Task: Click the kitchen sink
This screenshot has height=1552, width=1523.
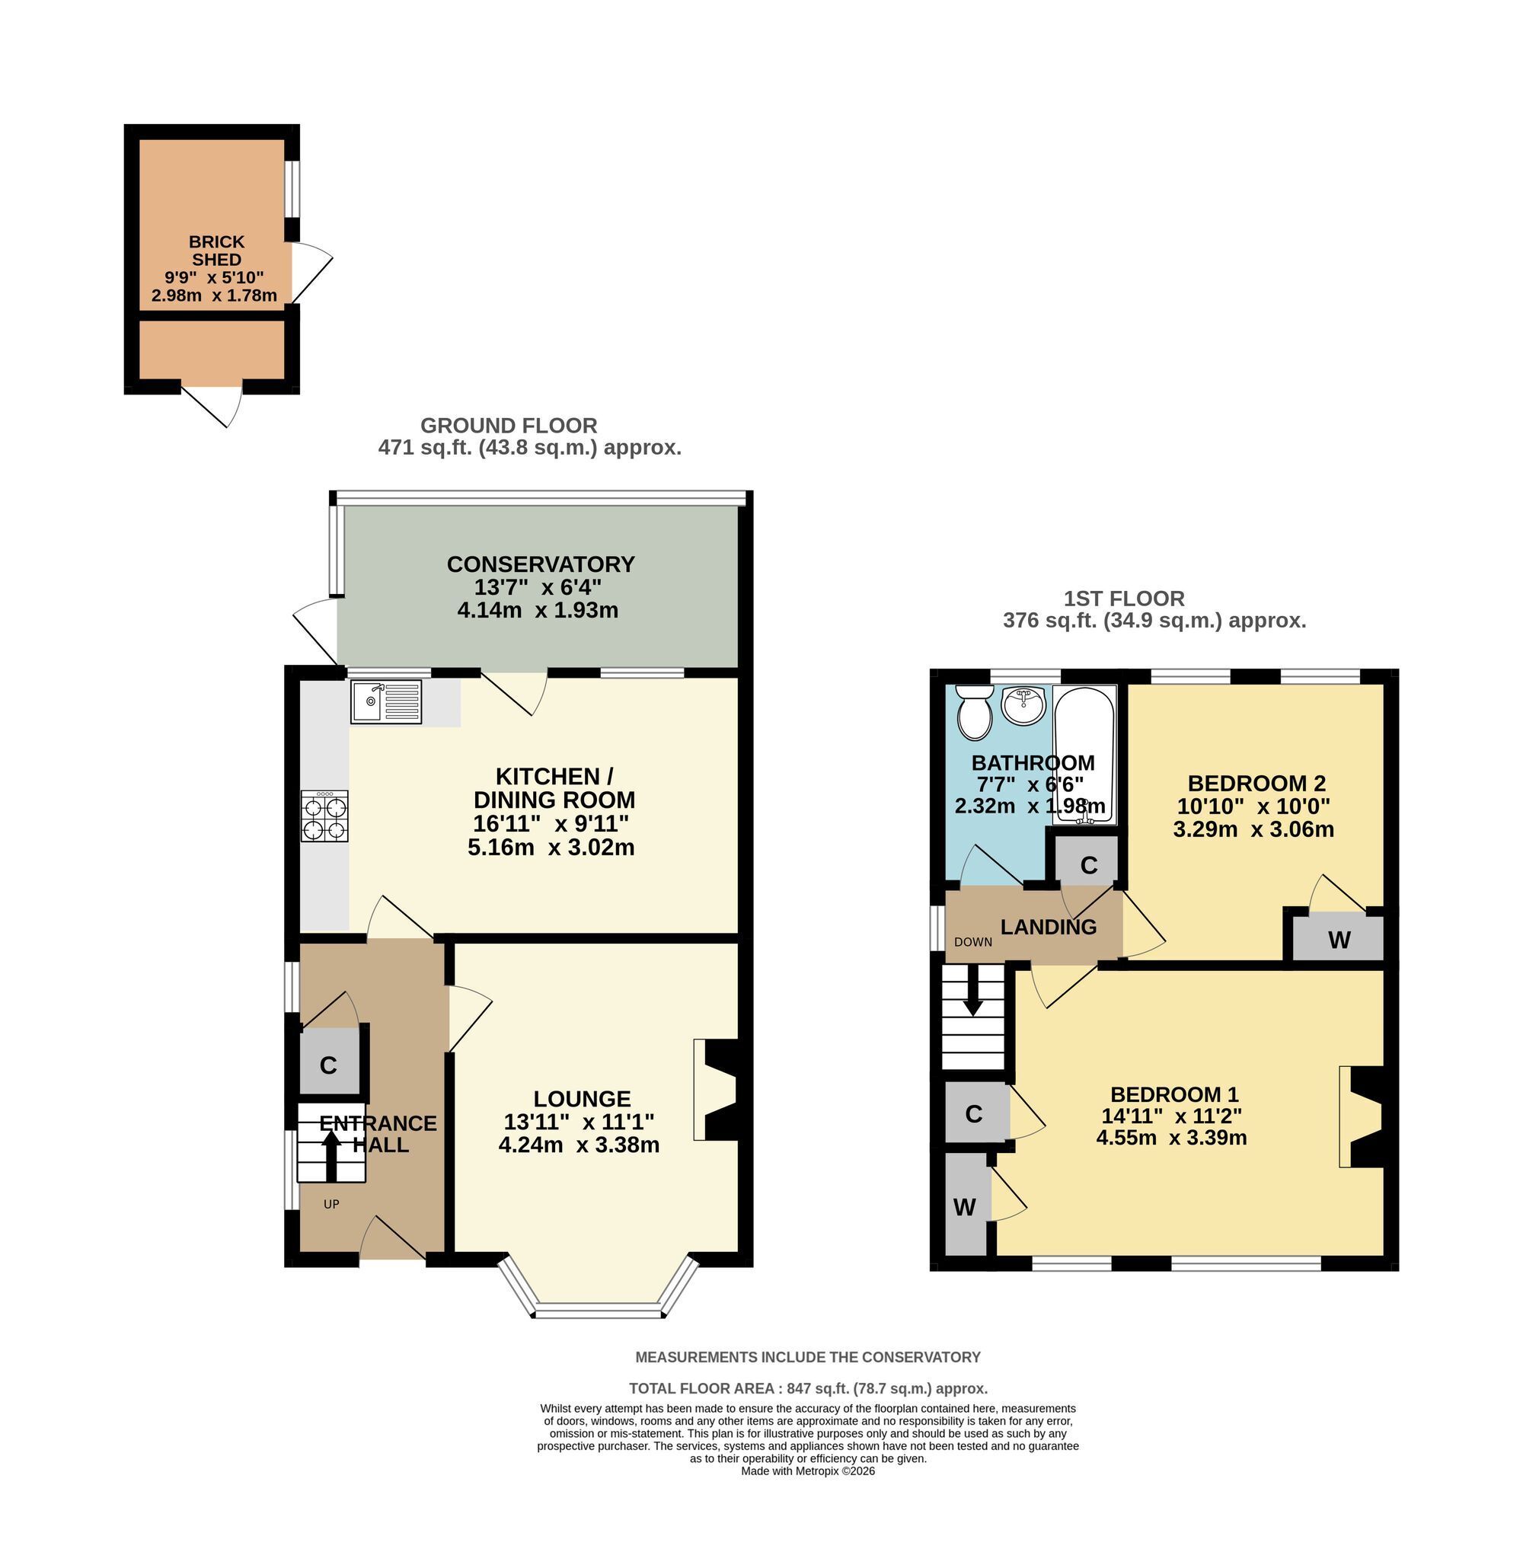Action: pyautogui.click(x=385, y=701)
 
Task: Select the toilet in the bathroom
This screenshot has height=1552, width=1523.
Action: pyautogui.click(x=974, y=711)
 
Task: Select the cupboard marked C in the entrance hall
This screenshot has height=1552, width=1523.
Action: pyautogui.click(x=329, y=1065)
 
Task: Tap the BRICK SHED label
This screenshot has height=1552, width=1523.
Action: pyautogui.click(x=217, y=251)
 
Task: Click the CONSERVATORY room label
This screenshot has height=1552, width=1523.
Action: pyautogui.click(x=541, y=564)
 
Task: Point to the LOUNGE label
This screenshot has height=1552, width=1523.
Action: pyautogui.click(x=583, y=1098)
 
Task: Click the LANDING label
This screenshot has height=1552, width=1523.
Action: pyautogui.click(x=1049, y=928)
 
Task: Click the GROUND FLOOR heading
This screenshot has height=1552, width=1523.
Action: pyautogui.click(x=509, y=426)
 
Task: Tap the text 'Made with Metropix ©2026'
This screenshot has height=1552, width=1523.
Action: pyautogui.click(x=808, y=1471)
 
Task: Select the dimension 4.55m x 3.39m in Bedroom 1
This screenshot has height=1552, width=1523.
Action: pyautogui.click(x=1172, y=1137)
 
